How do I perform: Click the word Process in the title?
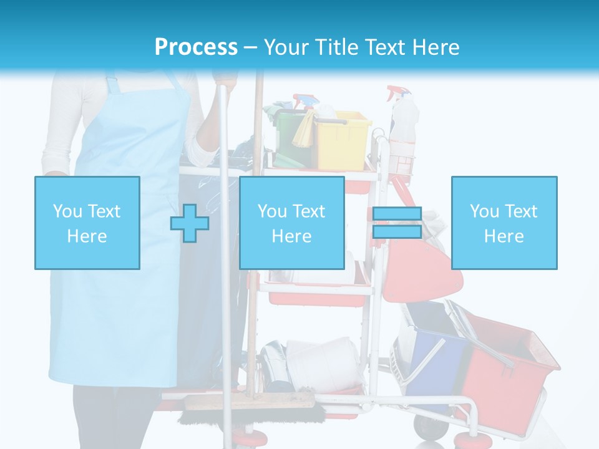click(x=196, y=47)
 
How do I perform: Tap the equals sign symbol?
click(x=397, y=223)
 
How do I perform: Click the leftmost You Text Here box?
click(x=87, y=223)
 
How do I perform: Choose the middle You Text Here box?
click(x=292, y=223)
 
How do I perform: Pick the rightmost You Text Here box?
click(x=504, y=223)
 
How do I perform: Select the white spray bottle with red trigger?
click(x=402, y=118)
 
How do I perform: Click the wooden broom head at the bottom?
click(x=250, y=403)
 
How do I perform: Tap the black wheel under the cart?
click(x=426, y=427)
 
